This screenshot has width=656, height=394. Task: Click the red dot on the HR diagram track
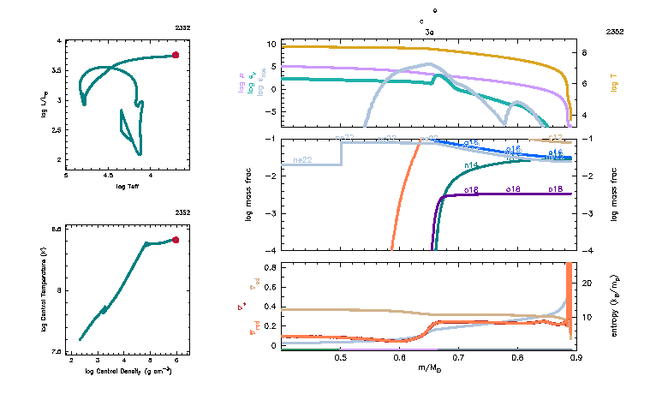176,55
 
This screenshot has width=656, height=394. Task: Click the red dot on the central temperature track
176,240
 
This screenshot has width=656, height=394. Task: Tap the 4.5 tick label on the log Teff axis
108,176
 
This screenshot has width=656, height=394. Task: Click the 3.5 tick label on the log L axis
57,70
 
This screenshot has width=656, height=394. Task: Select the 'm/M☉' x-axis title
428,367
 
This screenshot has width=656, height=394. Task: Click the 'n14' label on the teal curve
471,165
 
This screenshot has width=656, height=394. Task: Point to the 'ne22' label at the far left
302,160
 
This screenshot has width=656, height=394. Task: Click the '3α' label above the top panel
429,31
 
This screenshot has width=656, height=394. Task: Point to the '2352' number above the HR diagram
182,28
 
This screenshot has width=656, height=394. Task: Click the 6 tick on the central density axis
176,361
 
